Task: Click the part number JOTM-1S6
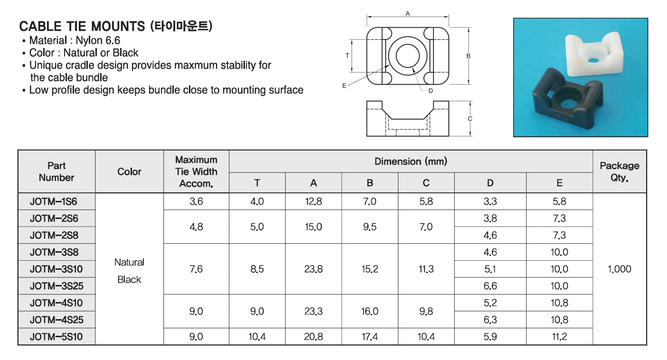[54, 202]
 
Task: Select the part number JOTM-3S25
[56, 286]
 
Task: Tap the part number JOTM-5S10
[56, 337]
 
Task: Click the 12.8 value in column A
[313, 202]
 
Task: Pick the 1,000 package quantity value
[620, 269]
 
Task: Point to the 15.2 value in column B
[369, 269]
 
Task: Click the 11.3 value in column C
[426, 269]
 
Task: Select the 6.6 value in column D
[490, 286]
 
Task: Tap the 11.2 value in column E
[559, 337]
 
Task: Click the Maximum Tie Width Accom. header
[196, 171]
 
